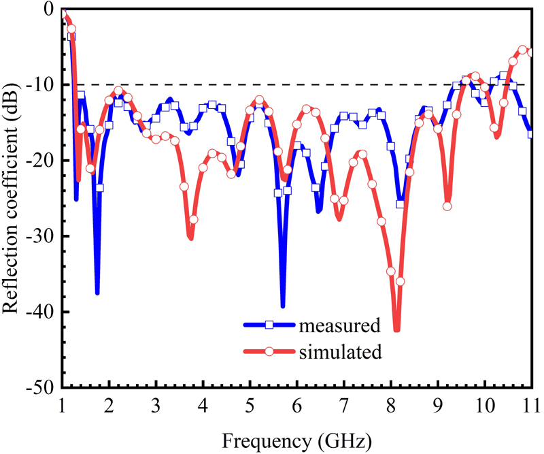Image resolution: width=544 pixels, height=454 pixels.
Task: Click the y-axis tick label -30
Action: (42, 236)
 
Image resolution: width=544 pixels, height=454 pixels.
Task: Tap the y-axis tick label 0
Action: (48, 10)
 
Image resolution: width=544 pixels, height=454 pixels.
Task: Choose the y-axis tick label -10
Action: (42, 85)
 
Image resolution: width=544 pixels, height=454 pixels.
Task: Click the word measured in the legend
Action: (339, 325)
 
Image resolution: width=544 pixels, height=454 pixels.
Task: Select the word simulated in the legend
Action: (340, 352)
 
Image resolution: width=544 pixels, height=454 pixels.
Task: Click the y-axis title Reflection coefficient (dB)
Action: (12, 197)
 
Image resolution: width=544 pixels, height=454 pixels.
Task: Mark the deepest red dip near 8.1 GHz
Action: (396, 329)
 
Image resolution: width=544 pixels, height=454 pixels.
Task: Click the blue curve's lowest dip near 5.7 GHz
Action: (283, 306)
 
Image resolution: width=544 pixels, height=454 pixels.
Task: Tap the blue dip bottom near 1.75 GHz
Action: (97, 293)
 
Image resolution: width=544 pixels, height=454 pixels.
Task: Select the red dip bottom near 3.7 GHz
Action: (190, 238)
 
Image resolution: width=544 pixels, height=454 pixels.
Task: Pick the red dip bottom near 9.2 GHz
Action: (447, 207)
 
